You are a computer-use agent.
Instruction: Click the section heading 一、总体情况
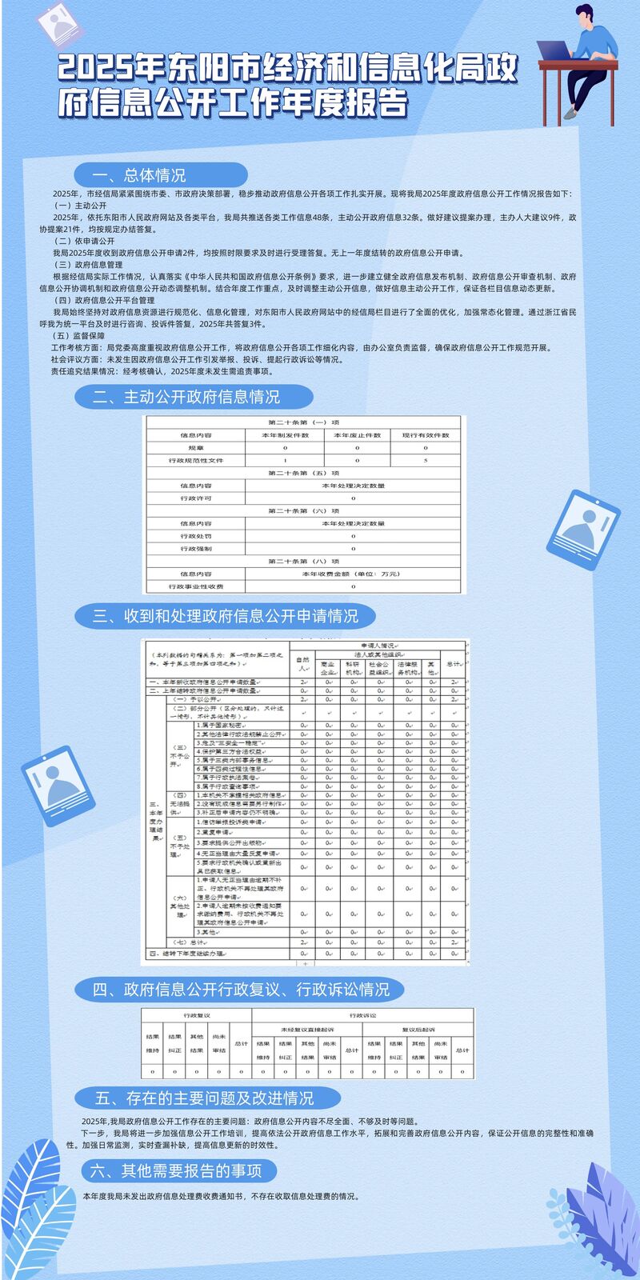pyautogui.click(x=139, y=175)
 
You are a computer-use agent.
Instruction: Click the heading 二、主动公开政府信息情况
pyautogui.click(x=186, y=397)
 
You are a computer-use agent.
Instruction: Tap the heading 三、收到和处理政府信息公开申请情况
pyautogui.click(x=225, y=616)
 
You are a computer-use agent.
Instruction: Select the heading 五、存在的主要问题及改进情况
pyautogui.click(x=205, y=1098)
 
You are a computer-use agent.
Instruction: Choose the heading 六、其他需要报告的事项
pyautogui.click(x=176, y=1171)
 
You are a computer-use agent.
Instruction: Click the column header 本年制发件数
pyautogui.click(x=285, y=435)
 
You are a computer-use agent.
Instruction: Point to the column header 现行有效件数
pyautogui.click(x=426, y=435)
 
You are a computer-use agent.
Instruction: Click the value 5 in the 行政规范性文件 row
pyautogui.click(x=426, y=461)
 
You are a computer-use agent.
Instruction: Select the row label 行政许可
pyautogui.click(x=196, y=498)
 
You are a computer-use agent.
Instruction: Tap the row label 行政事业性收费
pyautogui.click(x=196, y=586)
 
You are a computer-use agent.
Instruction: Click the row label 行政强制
pyautogui.click(x=196, y=549)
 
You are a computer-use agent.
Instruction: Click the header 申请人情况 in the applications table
pyautogui.click(x=377, y=645)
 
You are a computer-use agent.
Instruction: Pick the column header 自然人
pyautogui.click(x=302, y=663)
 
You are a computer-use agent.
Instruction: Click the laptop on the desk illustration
pyautogui.click(x=553, y=50)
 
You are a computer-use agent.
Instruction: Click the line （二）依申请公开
pyautogui.click(x=84, y=241)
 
